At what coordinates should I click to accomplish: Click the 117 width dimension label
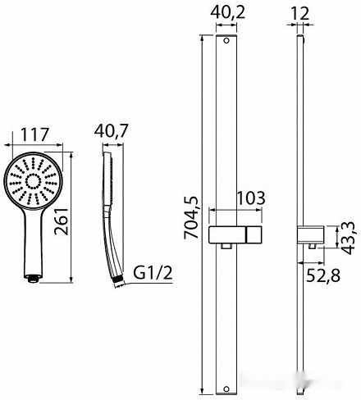point(34,134)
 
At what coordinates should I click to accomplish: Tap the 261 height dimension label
point(62,221)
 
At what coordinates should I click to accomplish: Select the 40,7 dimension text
point(111,131)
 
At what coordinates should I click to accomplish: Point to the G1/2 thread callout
point(153,273)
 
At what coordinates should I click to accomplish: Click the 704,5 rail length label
point(191,218)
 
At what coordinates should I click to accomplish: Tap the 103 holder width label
point(251,198)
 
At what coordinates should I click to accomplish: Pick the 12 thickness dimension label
point(300,13)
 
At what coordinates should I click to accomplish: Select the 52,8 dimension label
point(323,275)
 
